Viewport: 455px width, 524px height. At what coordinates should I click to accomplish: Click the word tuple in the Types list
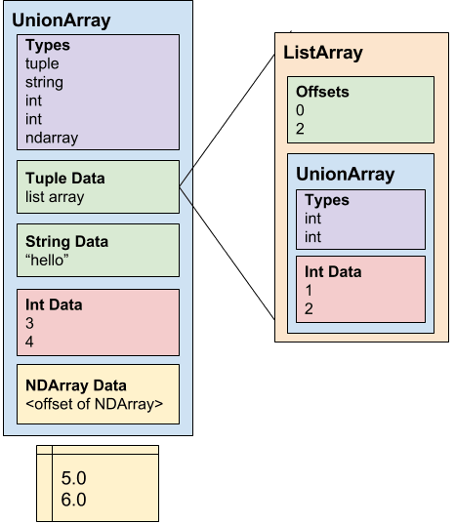[42, 63]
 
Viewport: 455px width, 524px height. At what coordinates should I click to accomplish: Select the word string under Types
[44, 82]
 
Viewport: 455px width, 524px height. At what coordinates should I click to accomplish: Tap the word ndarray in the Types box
[52, 138]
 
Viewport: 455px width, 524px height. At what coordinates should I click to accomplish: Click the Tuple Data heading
[65, 179]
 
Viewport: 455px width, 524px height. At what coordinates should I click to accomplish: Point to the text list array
[55, 197]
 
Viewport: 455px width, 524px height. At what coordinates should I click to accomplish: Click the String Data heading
[66, 241]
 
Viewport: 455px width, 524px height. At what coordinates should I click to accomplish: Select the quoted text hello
[47, 260]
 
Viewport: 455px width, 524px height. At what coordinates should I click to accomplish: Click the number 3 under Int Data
[29, 323]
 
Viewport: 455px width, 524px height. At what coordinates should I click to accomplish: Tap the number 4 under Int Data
[29, 342]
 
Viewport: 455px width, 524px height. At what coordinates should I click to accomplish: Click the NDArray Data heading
[76, 385]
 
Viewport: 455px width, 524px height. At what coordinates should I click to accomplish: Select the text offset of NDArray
[95, 404]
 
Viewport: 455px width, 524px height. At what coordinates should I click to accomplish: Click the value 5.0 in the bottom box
[73, 478]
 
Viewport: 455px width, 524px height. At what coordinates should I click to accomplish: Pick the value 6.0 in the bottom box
[73, 500]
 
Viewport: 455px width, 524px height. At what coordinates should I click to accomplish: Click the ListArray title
[323, 53]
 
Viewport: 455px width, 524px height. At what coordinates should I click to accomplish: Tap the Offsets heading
[322, 92]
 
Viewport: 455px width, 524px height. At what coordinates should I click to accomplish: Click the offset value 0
[300, 110]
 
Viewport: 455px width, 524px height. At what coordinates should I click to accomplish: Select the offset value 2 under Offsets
[300, 129]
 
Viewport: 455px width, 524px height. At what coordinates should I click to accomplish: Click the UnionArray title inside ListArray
[346, 175]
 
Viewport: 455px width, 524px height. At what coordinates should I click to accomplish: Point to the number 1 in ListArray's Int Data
[309, 290]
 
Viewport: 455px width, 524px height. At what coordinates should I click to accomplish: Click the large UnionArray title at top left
[62, 20]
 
